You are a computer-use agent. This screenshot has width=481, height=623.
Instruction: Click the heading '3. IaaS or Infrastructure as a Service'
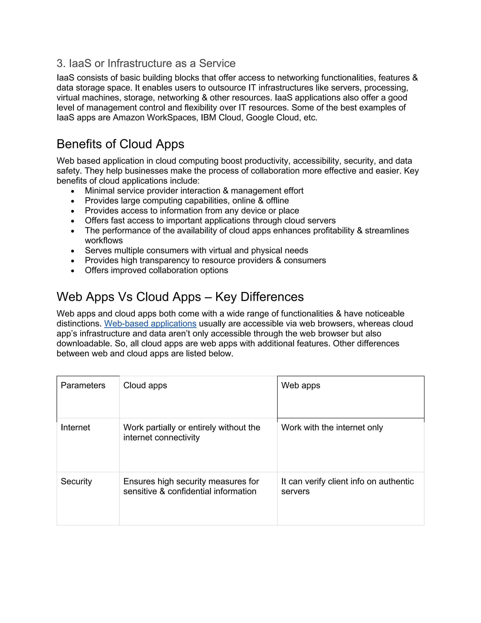[146, 63]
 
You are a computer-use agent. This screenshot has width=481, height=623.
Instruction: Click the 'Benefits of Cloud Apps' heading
[120, 144]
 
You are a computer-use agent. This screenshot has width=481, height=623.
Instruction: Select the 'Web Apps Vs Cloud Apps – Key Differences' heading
[180, 297]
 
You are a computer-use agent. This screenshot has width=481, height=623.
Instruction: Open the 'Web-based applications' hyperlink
[150, 323]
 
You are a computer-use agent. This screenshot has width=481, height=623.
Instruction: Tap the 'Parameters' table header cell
[83, 385]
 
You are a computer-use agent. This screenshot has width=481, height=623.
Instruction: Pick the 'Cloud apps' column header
[145, 385]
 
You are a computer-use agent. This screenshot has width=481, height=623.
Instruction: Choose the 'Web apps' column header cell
[301, 385]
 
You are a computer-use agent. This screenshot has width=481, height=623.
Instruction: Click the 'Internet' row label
[75, 427]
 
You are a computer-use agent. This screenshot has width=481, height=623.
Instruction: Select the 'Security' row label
[76, 481]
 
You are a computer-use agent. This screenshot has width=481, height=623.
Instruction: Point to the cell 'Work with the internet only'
[332, 427]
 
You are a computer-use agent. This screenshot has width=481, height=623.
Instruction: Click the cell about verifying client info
[347, 486]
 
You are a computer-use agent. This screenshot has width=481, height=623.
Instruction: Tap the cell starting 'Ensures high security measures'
[191, 486]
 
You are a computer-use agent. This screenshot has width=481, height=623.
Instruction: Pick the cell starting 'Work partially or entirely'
[191, 432]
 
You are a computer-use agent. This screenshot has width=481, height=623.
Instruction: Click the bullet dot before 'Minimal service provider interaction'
[73, 191]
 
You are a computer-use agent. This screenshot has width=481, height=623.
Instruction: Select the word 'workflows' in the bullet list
[104, 241]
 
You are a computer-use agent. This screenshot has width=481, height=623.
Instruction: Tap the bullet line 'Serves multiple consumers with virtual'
[196, 250]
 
